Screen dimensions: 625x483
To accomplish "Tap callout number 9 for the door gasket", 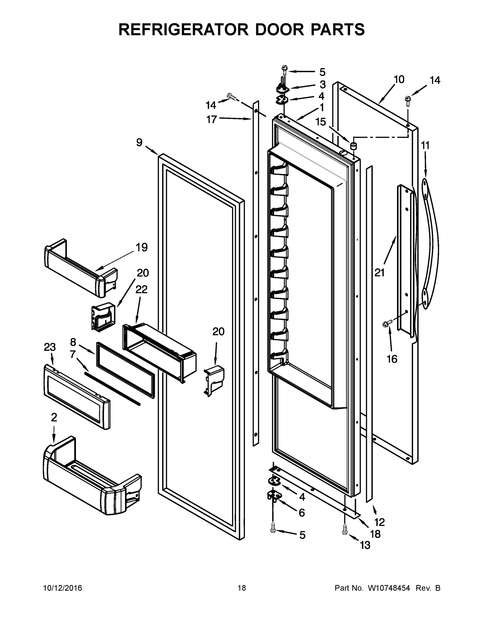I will click(139, 142).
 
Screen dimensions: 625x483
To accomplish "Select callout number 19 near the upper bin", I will click(142, 247).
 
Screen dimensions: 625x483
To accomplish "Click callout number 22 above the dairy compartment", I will click(141, 289).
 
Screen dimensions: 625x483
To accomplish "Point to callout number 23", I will click(50, 347).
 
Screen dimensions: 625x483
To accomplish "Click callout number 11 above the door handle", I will click(425, 146).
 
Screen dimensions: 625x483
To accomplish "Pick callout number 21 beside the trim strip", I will click(379, 273).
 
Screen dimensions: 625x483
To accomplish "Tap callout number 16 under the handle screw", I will click(392, 359).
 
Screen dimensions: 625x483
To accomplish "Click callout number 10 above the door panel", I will click(399, 79).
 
